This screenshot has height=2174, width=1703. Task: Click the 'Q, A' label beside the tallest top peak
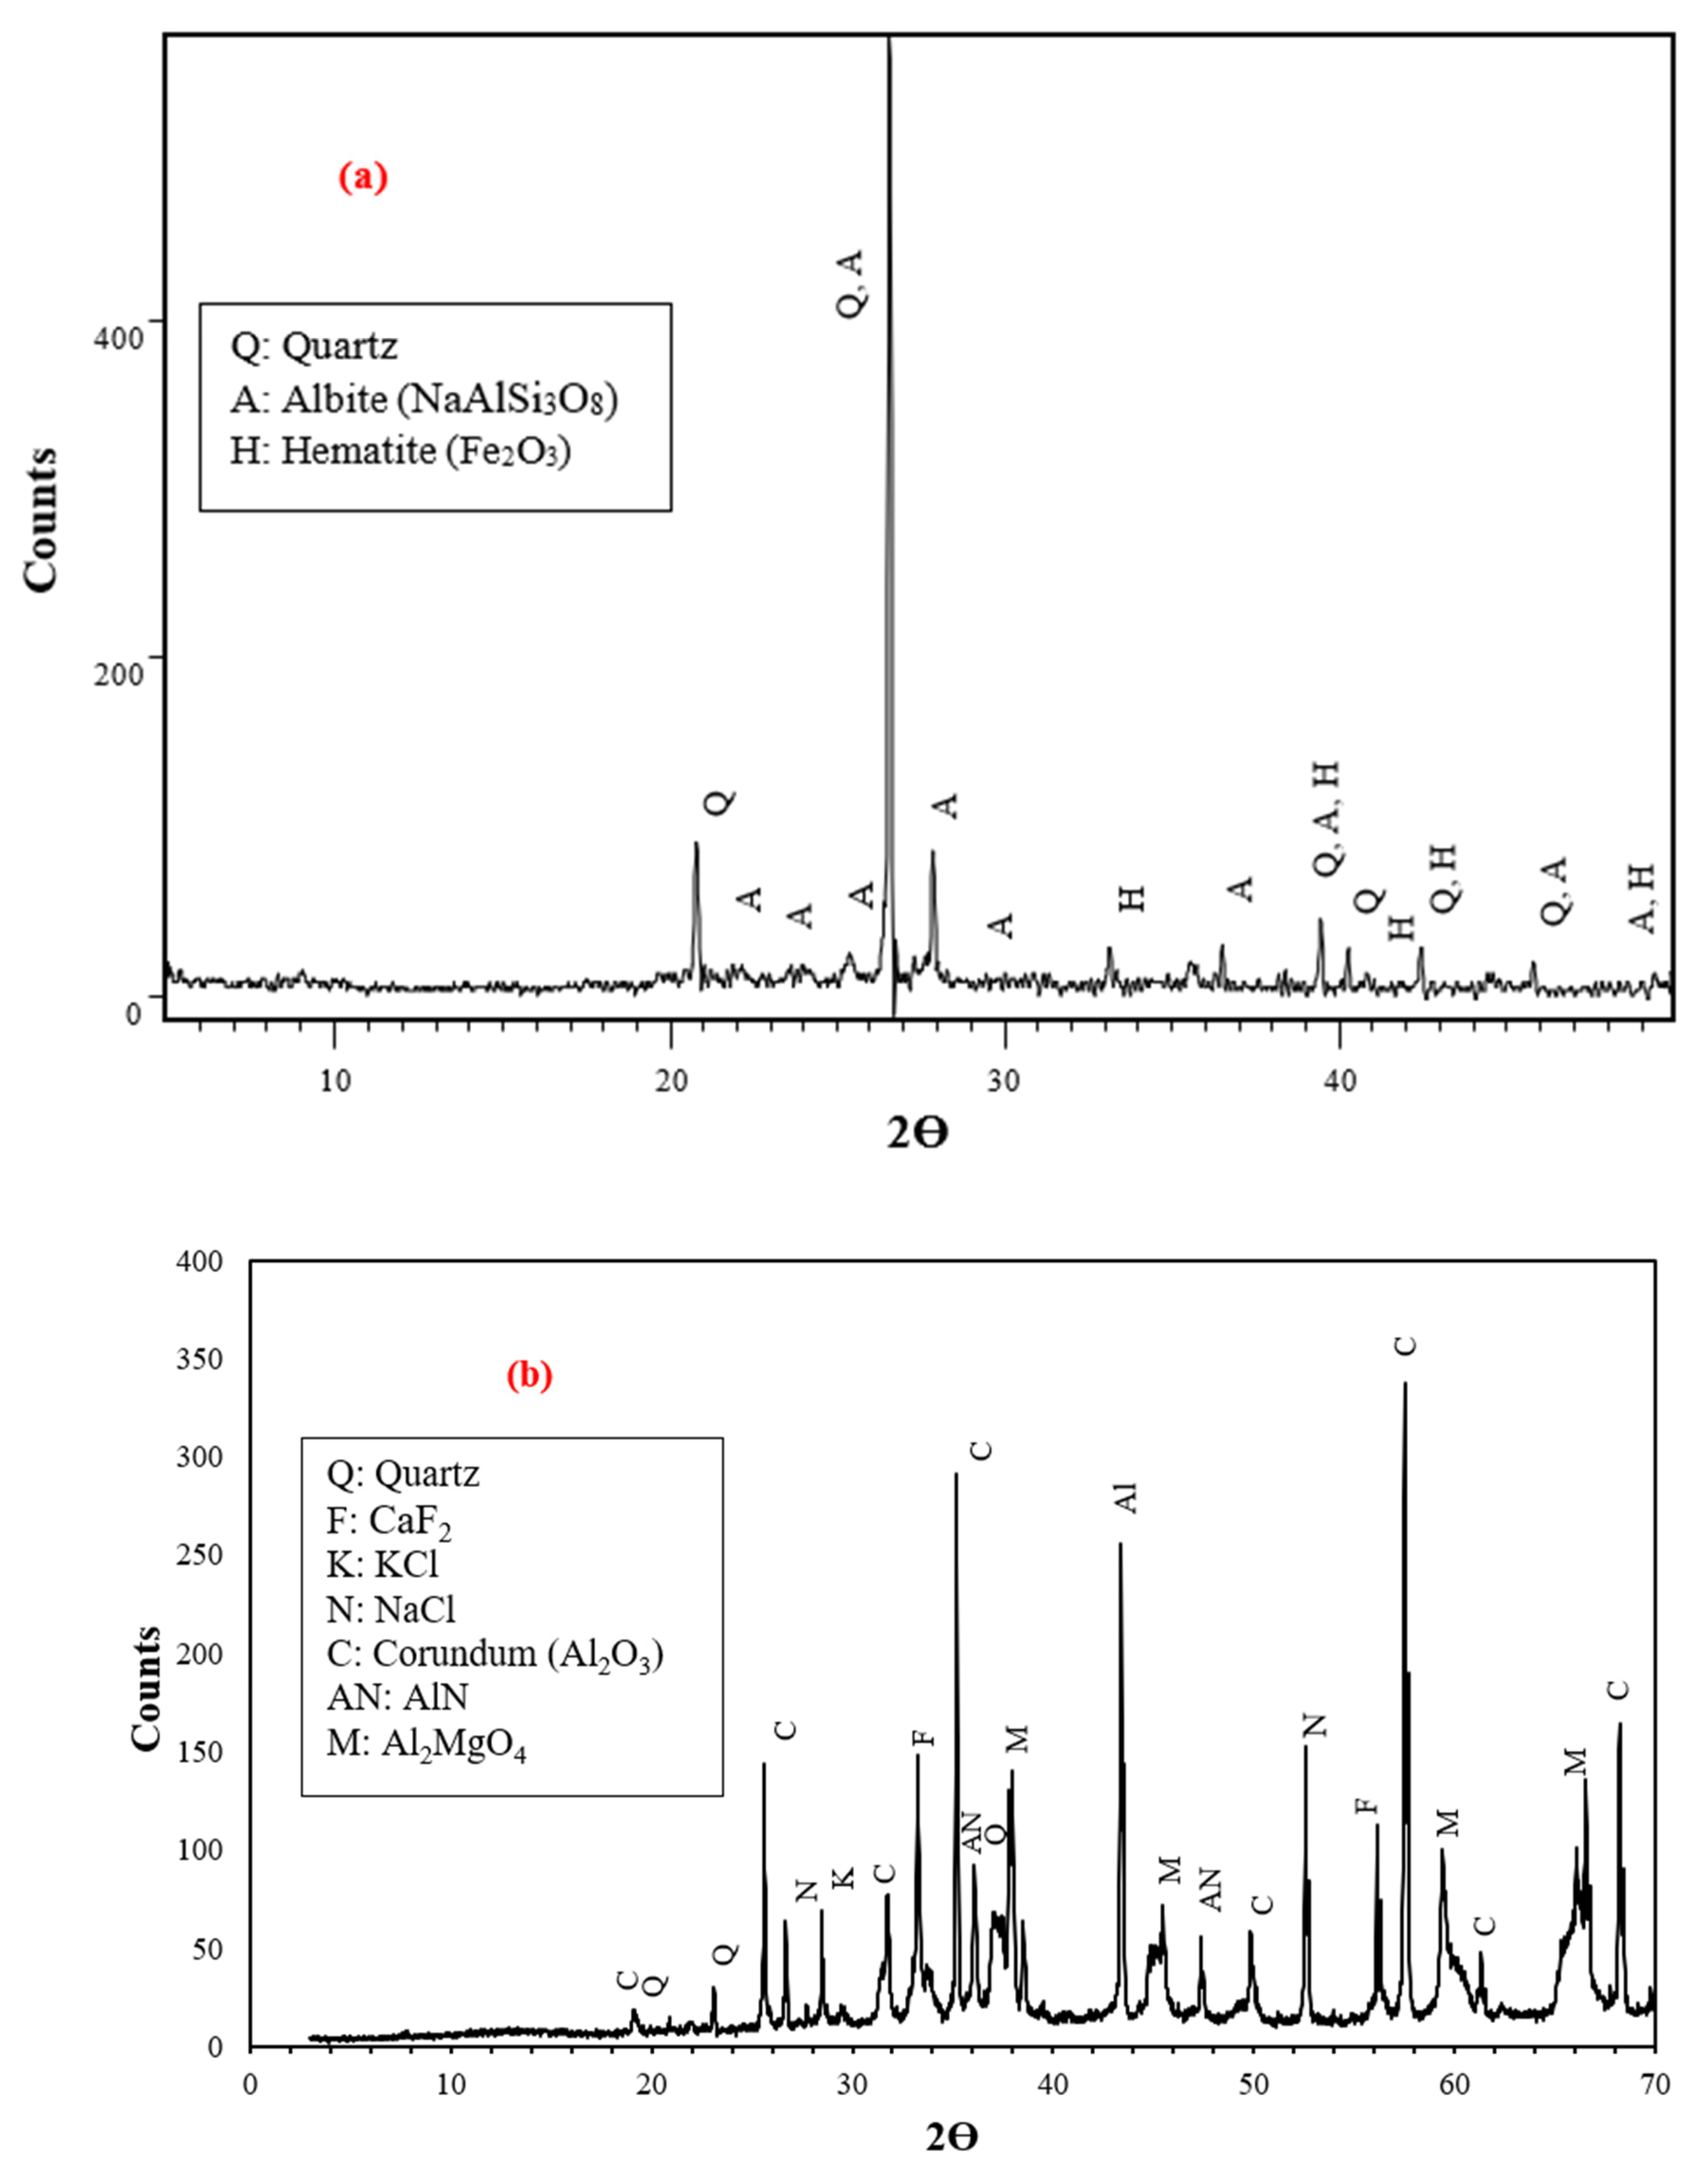(x=853, y=284)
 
